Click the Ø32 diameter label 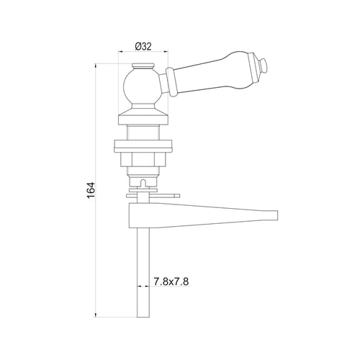coord(143,47)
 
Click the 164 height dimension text coord(91,190)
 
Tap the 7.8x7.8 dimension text coord(171,282)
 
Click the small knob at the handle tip coord(264,66)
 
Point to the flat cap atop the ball coord(143,66)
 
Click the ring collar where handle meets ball coord(171,81)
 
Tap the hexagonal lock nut coord(143,159)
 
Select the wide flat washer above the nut coord(143,146)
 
